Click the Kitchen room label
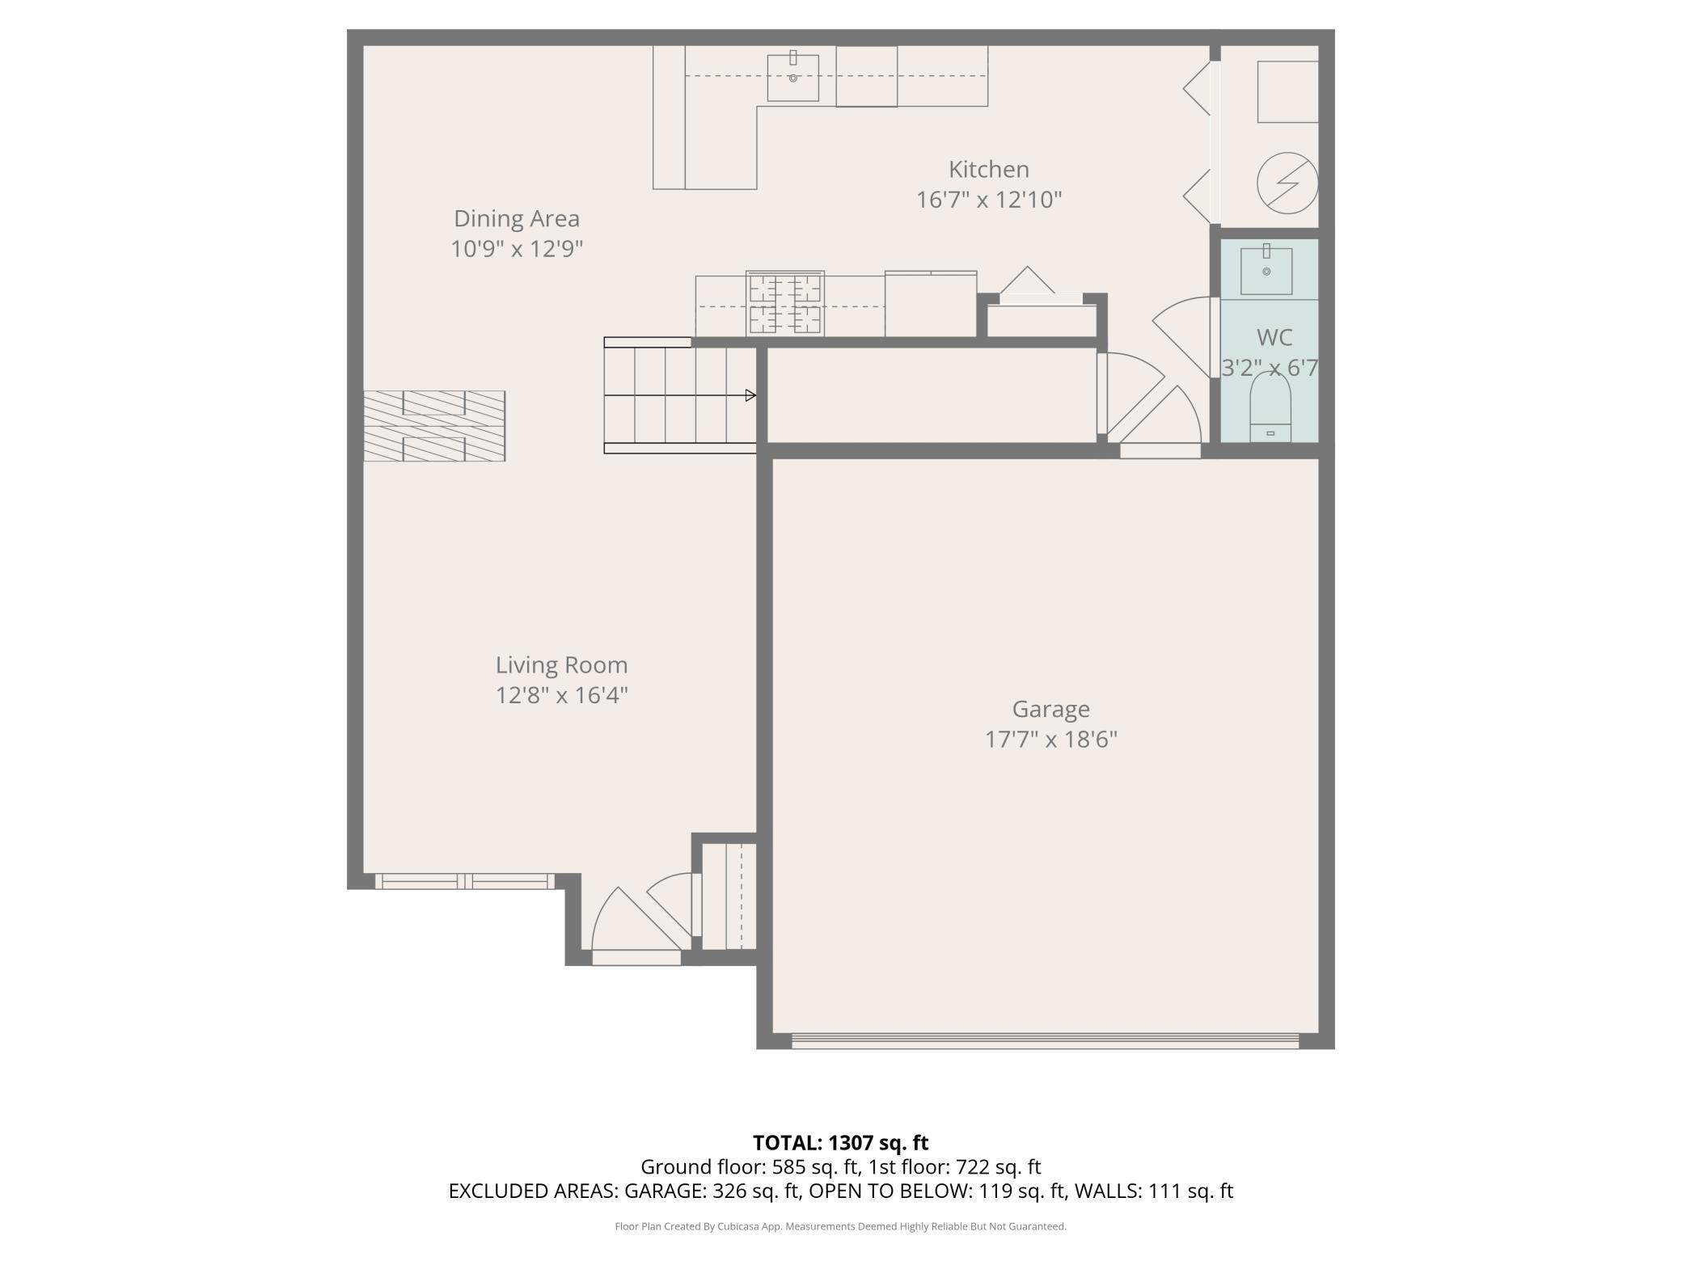988,170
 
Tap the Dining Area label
517,219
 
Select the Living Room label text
561,665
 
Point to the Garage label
1050,710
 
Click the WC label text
1274,337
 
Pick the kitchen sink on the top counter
792,78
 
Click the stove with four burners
784,304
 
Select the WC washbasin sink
1266,269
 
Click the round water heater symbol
1287,183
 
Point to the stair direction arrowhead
750,395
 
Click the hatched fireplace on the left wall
434,426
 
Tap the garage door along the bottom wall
1045,1041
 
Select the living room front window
465,881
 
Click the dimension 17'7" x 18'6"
1050,740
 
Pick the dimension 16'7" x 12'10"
988,200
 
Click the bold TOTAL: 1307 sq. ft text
840,1143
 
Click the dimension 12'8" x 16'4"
561,695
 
